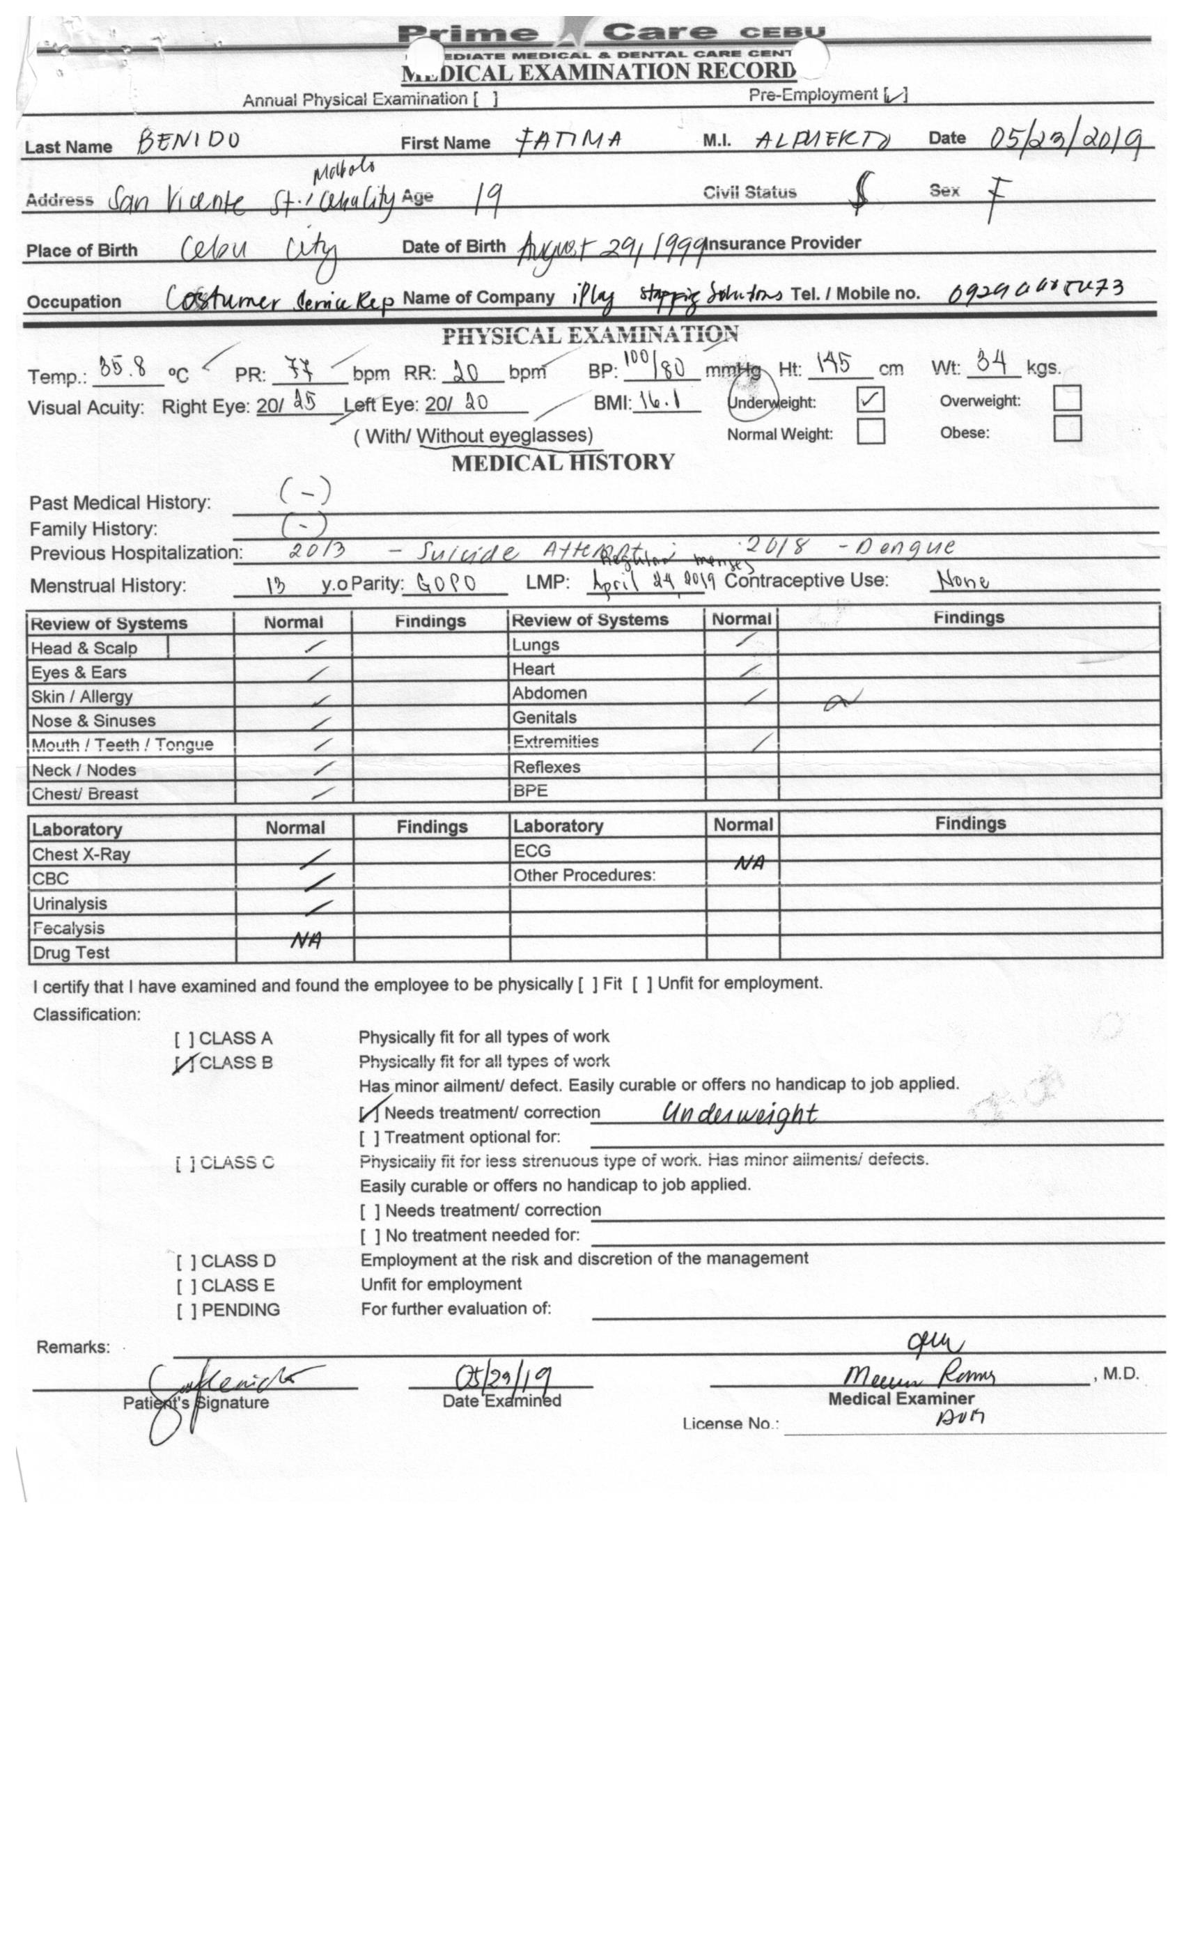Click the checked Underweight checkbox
pos(870,400)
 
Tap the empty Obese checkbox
pos(1067,428)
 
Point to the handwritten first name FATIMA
pos(568,141)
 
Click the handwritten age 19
pos(486,201)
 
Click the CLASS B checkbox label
pos(235,1063)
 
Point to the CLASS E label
pos(237,1285)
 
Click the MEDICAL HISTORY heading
pos(563,462)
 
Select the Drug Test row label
pos(71,953)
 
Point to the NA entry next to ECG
pos(748,864)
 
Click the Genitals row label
pos(544,718)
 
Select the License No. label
pos(730,1423)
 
